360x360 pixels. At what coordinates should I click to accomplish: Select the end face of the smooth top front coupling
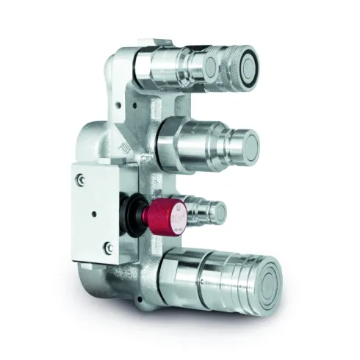click(210, 68)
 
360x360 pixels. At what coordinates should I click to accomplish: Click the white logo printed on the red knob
click(177, 217)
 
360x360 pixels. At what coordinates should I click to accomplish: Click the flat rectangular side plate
click(96, 213)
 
